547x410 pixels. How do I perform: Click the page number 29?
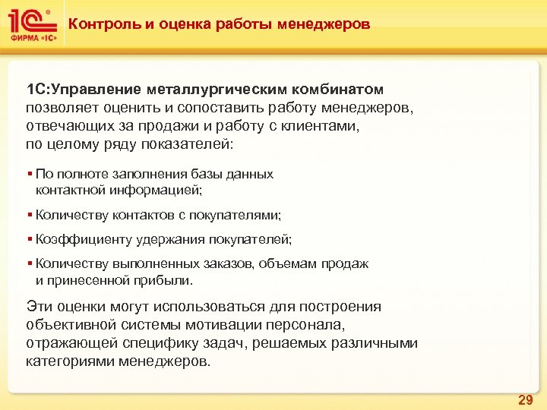tap(525, 399)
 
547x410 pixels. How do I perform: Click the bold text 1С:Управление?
tap(73, 90)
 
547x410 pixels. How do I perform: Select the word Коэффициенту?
tap(84, 239)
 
